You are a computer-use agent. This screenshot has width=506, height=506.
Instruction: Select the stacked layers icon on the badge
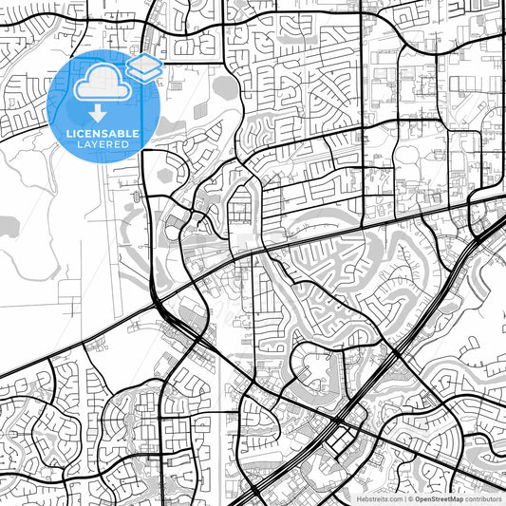coord(143,67)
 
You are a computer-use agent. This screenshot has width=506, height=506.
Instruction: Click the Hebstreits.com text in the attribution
coord(378,497)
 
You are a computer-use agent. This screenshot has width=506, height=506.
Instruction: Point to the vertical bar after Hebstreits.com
coord(404,497)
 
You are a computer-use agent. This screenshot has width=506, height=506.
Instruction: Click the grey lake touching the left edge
coord(8,226)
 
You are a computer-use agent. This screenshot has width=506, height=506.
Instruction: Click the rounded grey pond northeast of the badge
coord(226,87)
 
